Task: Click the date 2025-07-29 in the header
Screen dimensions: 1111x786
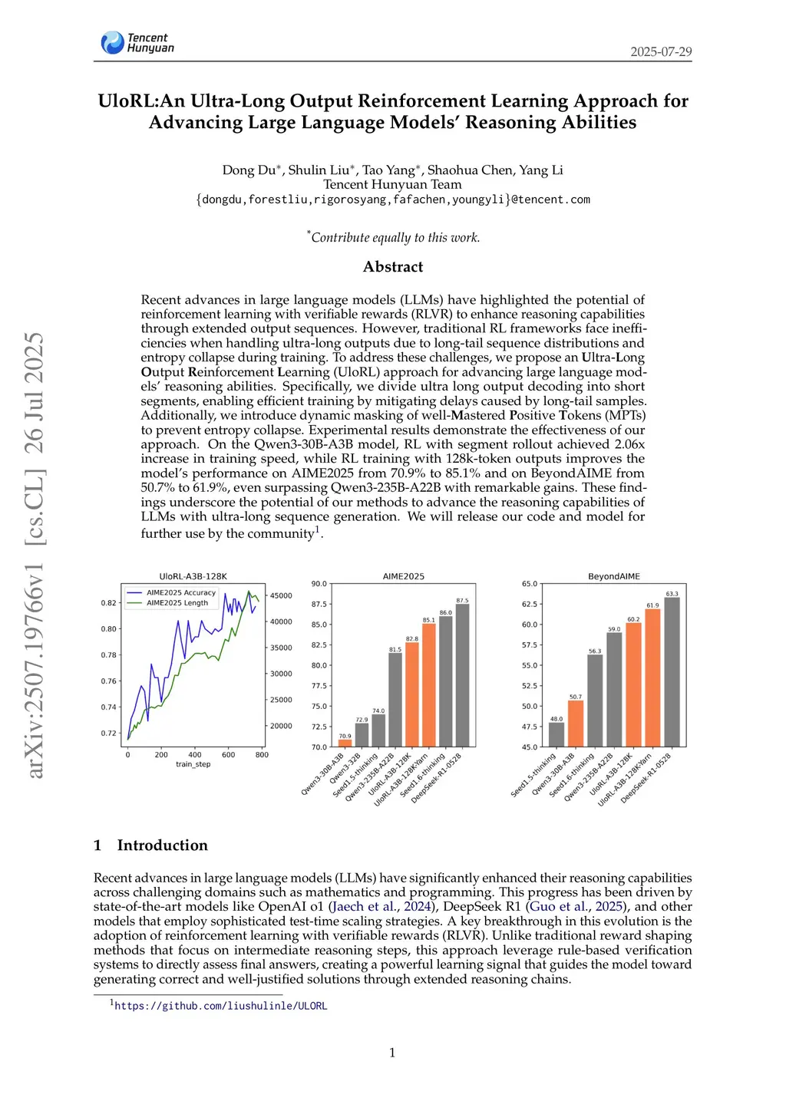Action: click(661, 52)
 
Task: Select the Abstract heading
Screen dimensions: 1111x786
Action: click(393, 267)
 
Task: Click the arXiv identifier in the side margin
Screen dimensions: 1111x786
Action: click(35, 555)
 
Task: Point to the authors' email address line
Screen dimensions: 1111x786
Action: click(393, 199)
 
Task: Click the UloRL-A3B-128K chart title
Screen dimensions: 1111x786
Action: click(193, 576)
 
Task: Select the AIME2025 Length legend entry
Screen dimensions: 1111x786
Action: click(177, 603)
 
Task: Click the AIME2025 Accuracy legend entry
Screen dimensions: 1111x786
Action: click(181, 592)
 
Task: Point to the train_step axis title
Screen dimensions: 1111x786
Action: click(193, 764)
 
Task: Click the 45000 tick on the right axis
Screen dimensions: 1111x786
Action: click(281, 596)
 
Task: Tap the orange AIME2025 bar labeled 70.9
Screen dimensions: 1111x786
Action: click(345, 743)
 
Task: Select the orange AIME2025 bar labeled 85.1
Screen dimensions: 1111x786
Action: click(429, 684)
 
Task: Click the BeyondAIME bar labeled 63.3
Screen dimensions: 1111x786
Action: click(672, 671)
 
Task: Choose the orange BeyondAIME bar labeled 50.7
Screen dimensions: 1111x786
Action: click(576, 723)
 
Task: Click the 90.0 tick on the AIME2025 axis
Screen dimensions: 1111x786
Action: click(319, 584)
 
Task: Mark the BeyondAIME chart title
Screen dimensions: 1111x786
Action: click(614, 576)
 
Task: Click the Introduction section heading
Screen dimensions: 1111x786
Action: click(162, 846)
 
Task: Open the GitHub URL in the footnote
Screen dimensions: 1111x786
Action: click(221, 1006)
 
